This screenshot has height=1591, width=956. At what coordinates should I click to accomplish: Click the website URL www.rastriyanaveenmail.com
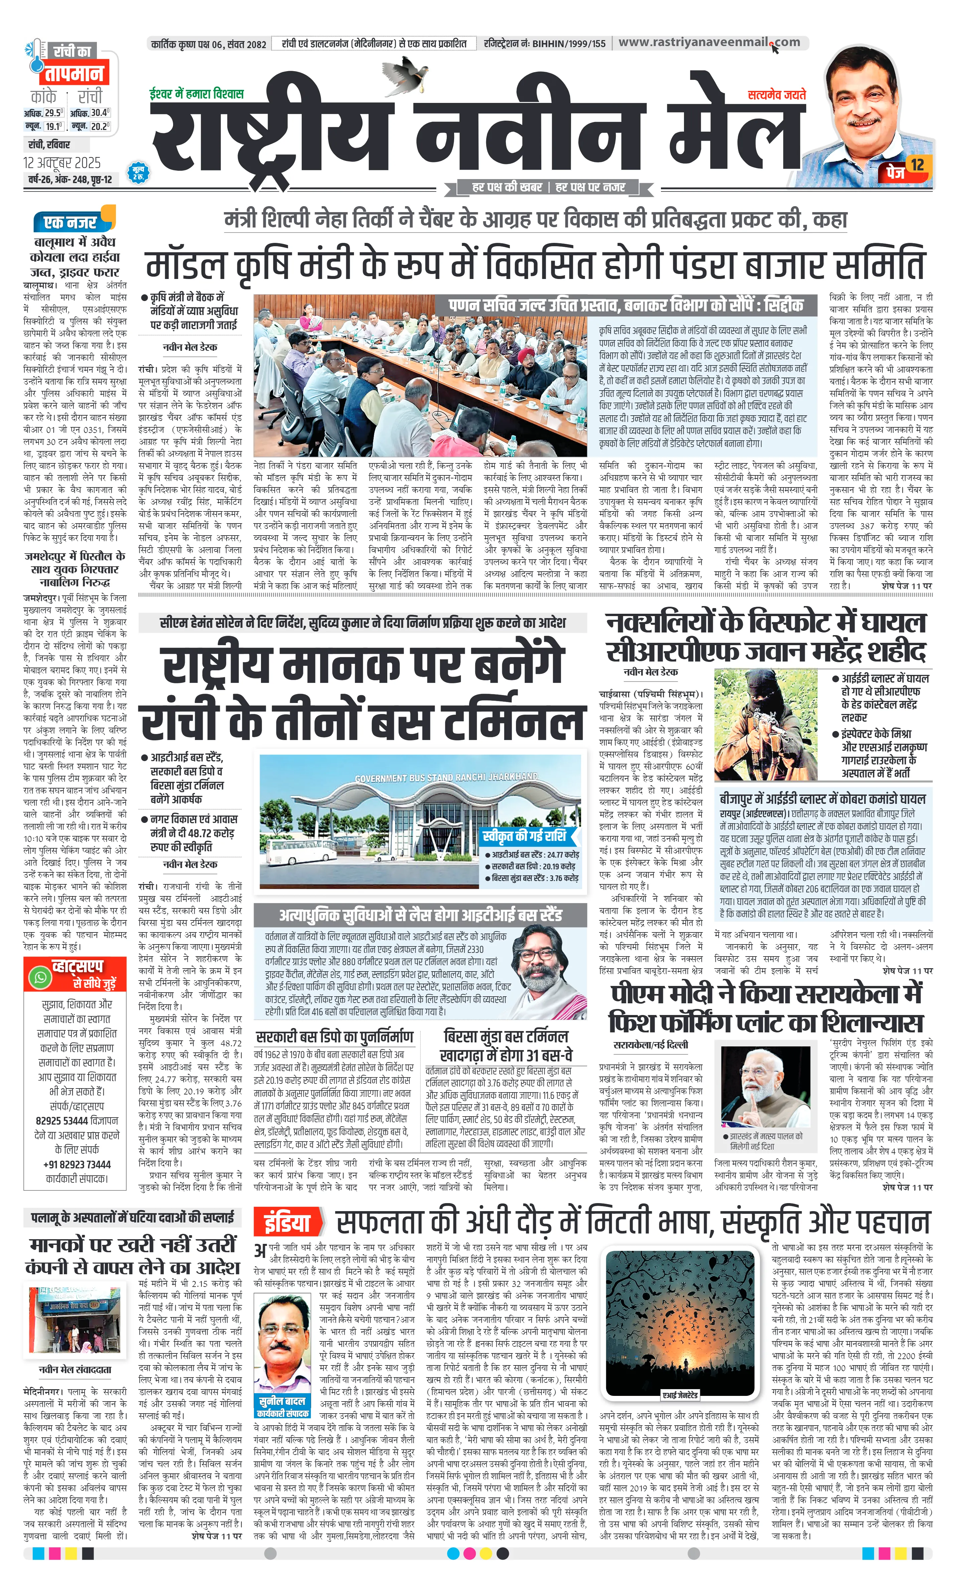(709, 42)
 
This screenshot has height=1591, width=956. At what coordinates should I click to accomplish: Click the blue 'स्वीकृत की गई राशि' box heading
(524, 836)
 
